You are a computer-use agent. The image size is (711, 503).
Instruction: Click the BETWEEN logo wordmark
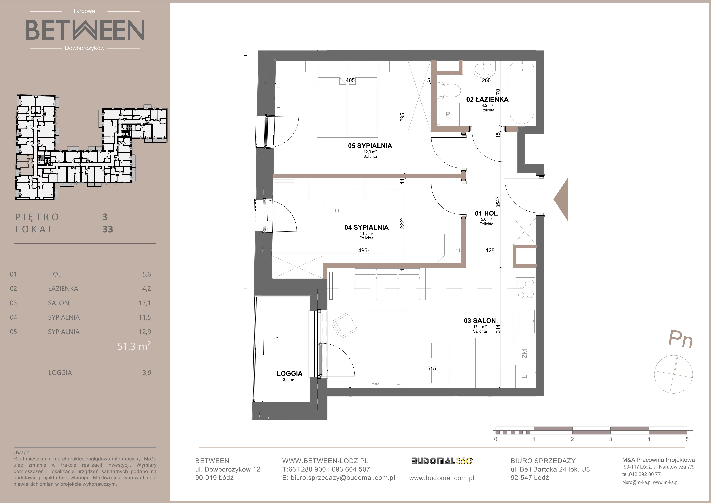click(x=85, y=30)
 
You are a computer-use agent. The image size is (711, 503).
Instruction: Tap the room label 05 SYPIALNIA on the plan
click(x=370, y=146)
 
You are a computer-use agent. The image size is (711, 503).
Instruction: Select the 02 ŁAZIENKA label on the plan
click(x=487, y=99)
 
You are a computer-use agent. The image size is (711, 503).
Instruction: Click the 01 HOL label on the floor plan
click(x=486, y=213)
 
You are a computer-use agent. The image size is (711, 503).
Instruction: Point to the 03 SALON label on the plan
click(x=480, y=321)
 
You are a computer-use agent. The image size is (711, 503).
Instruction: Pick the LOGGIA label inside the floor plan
click(x=290, y=374)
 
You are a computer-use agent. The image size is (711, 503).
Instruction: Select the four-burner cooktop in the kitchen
click(x=525, y=288)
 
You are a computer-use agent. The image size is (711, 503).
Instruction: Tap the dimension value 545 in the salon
click(x=431, y=368)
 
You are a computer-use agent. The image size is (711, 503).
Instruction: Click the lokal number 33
click(x=108, y=229)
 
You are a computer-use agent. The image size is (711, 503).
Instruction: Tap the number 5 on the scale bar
click(x=687, y=439)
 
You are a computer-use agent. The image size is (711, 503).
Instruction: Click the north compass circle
click(x=673, y=374)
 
